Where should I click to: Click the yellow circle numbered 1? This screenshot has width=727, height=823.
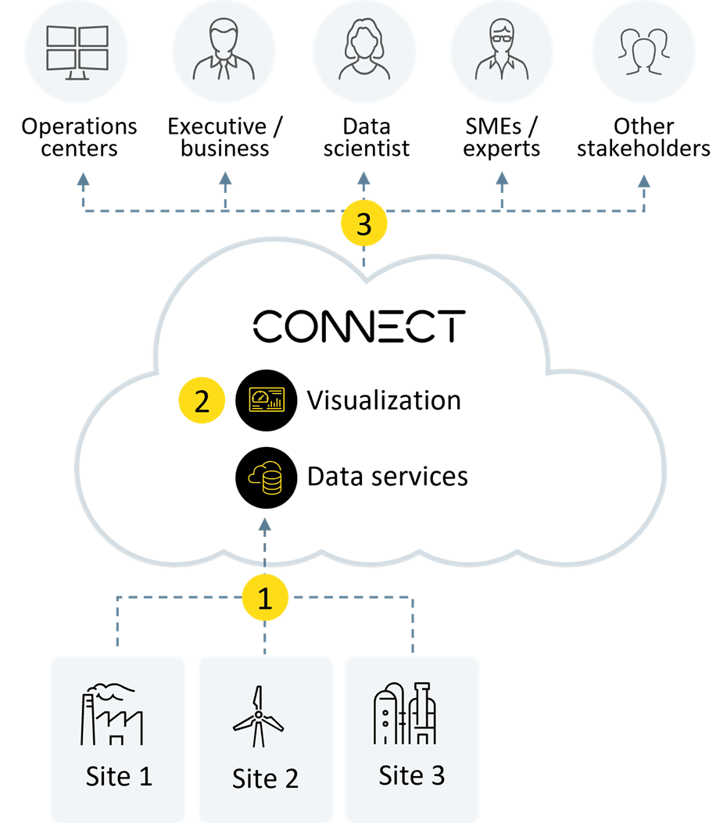(265, 599)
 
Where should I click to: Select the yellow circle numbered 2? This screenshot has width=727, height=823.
(202, 402)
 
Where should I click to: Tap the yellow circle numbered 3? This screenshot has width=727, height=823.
(363, 224)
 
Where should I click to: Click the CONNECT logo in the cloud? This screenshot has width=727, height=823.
(360, 326)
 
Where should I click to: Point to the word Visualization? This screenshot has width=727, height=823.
(383, 401)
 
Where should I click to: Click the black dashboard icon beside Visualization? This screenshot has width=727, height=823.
(266, 401)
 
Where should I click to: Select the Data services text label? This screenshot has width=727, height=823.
(387, 476)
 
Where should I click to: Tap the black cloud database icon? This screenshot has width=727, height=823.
(266, 477)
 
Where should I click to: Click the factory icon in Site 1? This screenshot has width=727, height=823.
(113, 714)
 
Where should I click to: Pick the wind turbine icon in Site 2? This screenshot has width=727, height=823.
(259, 717)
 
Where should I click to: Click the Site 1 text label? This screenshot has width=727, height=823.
(119, 777)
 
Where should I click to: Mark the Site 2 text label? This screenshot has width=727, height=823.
(265, 778)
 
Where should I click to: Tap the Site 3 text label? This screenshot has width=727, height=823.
(411, 775)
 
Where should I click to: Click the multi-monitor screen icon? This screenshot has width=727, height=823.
(77, 52)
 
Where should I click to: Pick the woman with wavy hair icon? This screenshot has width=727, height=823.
(363, 52)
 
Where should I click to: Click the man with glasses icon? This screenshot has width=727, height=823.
(502, 52)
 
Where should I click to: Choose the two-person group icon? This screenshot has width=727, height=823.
(643, 52)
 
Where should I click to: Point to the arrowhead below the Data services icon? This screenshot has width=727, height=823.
(265, 524)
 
